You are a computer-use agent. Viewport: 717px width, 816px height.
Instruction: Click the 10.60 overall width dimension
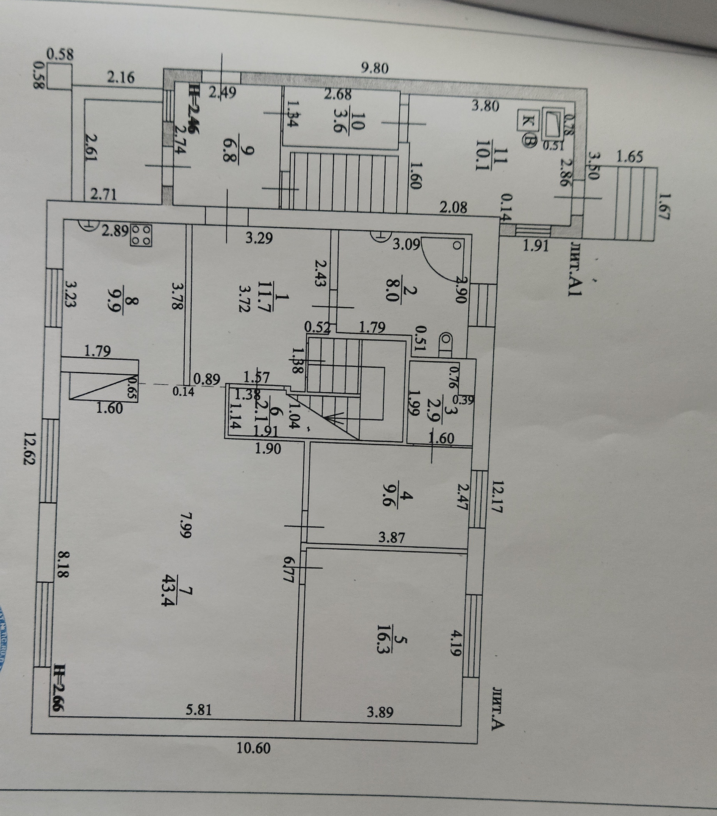(253, 747)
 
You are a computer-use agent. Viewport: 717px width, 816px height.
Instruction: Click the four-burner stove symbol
(141, 235)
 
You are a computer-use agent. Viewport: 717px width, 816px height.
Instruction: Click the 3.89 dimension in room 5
(380, 712)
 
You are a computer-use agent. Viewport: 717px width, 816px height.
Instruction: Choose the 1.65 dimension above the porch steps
(630, 157)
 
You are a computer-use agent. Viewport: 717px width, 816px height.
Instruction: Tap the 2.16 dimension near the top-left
(121, 77)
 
